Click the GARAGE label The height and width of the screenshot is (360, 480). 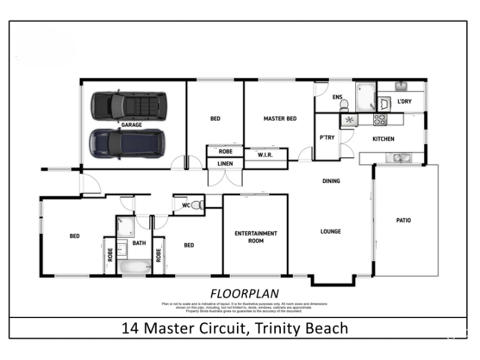pyautogui.click(x=131, y=125)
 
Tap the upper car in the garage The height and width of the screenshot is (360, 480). pyautogui.click(x=128, y=106)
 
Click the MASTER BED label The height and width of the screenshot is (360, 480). pyautogui.click(x=280, y=119)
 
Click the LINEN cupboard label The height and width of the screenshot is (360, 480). pyautogui.click(x=225, y=163)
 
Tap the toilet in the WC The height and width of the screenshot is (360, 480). pyautogui.click(x=197, y=205)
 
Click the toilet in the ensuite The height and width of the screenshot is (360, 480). pyautogui.click(x=344, y=105)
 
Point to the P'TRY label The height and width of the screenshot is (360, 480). pyautogui.click(x=326, y=137)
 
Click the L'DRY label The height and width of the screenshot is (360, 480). pyautogui.click(x=404, y=101)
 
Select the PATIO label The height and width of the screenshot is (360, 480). pyautogui.click(x=403, y=220)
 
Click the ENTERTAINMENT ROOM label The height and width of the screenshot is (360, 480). pyautogui.click(x=256, y=236)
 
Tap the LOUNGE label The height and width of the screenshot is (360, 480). pyautogui.click(x=330, y=232)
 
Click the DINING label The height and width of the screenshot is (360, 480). pyautogui.click(x=331, y=181)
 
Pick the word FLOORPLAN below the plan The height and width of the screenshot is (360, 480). pyautogui.click(x=236, y=293)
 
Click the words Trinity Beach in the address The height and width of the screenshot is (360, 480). pyautogui.click(x=302, y=328)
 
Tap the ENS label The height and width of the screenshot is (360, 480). pyautogui.click(x=337, y=97)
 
